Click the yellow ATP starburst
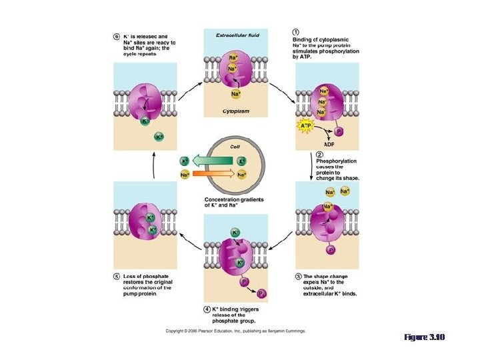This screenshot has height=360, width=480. point(306,125)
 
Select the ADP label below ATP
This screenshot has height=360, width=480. point(329,144)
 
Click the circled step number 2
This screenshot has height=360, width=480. point(319,155)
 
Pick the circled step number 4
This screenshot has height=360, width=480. point(207,309)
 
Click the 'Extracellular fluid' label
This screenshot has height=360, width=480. point(238,34)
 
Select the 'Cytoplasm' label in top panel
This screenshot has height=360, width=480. point(236,111)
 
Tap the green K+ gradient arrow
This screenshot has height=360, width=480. point(213,161)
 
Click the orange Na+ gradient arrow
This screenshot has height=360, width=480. point(213,175)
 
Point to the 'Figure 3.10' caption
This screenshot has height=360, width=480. point(425,338)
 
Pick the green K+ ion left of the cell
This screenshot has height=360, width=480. point(185,161)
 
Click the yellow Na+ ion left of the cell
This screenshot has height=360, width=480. point(185,175)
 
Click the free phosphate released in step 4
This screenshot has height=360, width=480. point(261,293)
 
